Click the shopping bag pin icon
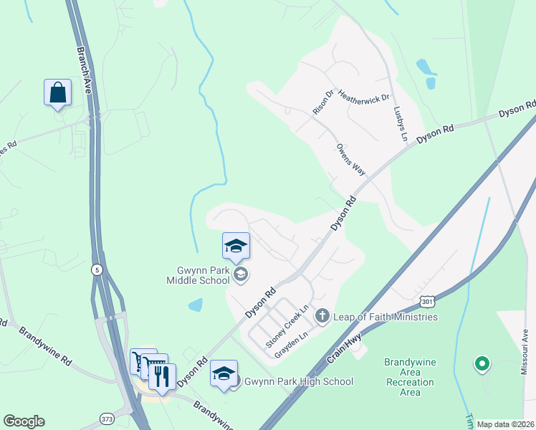coord(57,92)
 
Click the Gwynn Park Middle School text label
coord(194,276)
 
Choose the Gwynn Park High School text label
coord(300,381)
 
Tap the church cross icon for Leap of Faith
coord(322,315)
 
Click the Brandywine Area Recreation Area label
coord(411,377)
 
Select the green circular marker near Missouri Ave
coord(482,365)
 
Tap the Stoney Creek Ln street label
coord(287,326)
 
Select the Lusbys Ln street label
coord(400,123)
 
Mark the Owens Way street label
coord(351,159)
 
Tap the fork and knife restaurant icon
coord(162,375)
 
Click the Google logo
coord(24,421)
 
